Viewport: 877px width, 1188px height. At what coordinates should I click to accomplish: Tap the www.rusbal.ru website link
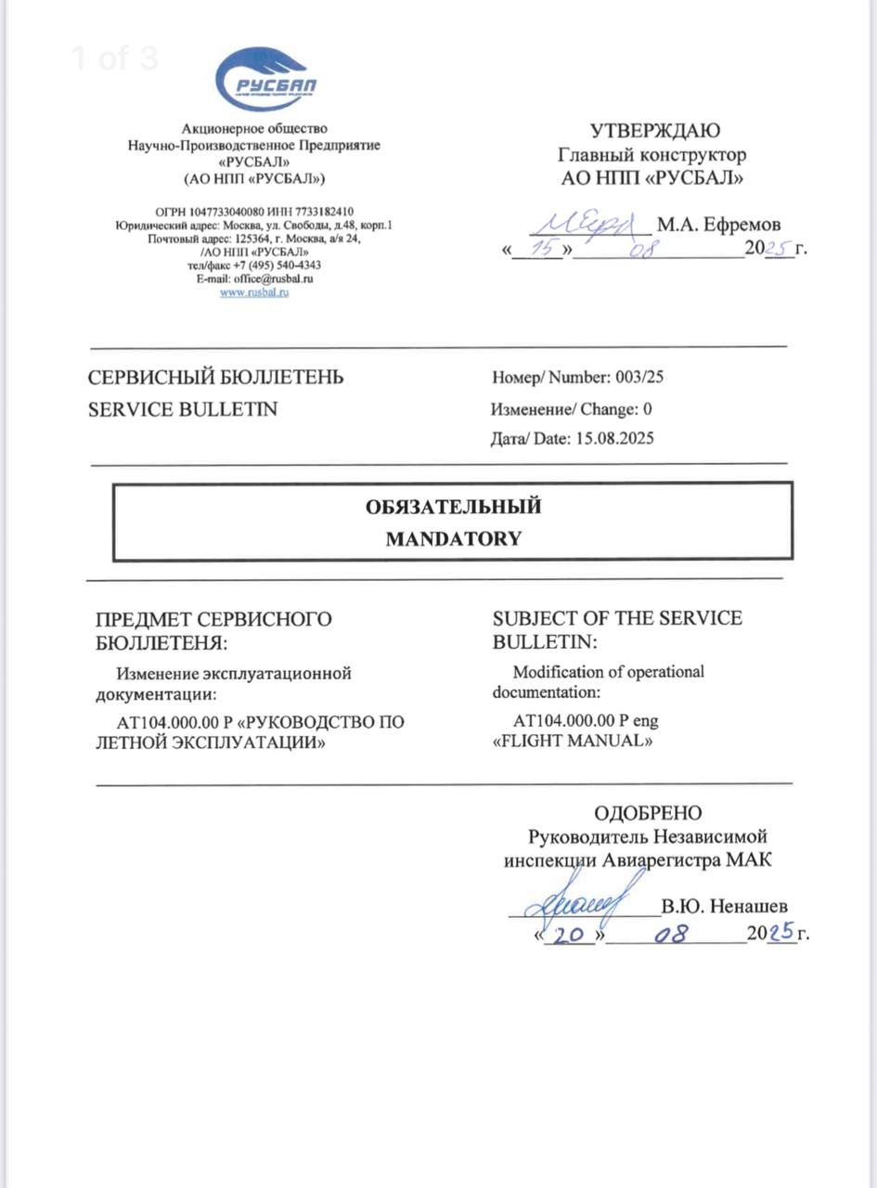[x=254, y=292]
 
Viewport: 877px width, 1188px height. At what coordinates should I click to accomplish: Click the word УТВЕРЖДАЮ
[x=654, y=132]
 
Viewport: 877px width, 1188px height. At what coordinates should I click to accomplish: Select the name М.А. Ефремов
[x=718, y=225]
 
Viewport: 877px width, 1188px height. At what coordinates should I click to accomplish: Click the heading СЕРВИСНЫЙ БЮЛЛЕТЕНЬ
[x=215, y=378]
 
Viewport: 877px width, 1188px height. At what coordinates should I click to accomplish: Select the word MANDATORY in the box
[x=453, y=538]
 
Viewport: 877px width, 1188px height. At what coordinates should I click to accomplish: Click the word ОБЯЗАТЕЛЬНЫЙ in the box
[x=453, y=507]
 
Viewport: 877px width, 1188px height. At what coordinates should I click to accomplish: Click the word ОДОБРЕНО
[x=648, y=814]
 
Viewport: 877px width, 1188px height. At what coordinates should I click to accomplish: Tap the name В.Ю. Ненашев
[x=726, y=906]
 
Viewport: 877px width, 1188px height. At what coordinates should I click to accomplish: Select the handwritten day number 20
[x=568, y=935]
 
